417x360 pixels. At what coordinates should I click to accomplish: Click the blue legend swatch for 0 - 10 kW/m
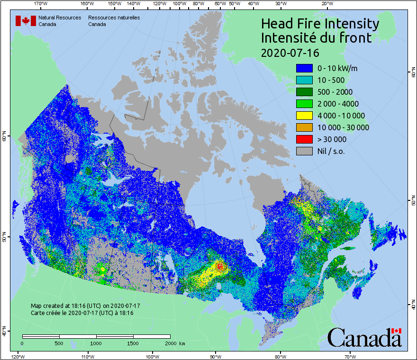pos(304,68)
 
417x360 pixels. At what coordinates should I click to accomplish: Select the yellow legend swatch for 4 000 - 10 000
pos(304,116)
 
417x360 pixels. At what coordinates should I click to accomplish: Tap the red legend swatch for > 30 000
pos(304,139)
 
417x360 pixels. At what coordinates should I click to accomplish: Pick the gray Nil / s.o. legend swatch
pos(304,151)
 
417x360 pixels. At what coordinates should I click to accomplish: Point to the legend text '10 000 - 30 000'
pos(343,127)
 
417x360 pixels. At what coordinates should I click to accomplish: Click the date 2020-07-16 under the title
pos(290,52)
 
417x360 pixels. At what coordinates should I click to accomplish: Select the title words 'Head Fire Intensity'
pos(320,23)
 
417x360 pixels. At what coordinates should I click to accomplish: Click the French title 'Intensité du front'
pos(317,37)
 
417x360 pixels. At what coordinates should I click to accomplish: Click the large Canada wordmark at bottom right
pos(364,338)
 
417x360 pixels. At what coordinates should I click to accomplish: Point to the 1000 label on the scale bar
pos(96,343)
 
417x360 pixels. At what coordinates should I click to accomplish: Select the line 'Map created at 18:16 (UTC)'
pos(85,306)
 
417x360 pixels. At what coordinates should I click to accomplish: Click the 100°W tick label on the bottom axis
pos(152,356)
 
